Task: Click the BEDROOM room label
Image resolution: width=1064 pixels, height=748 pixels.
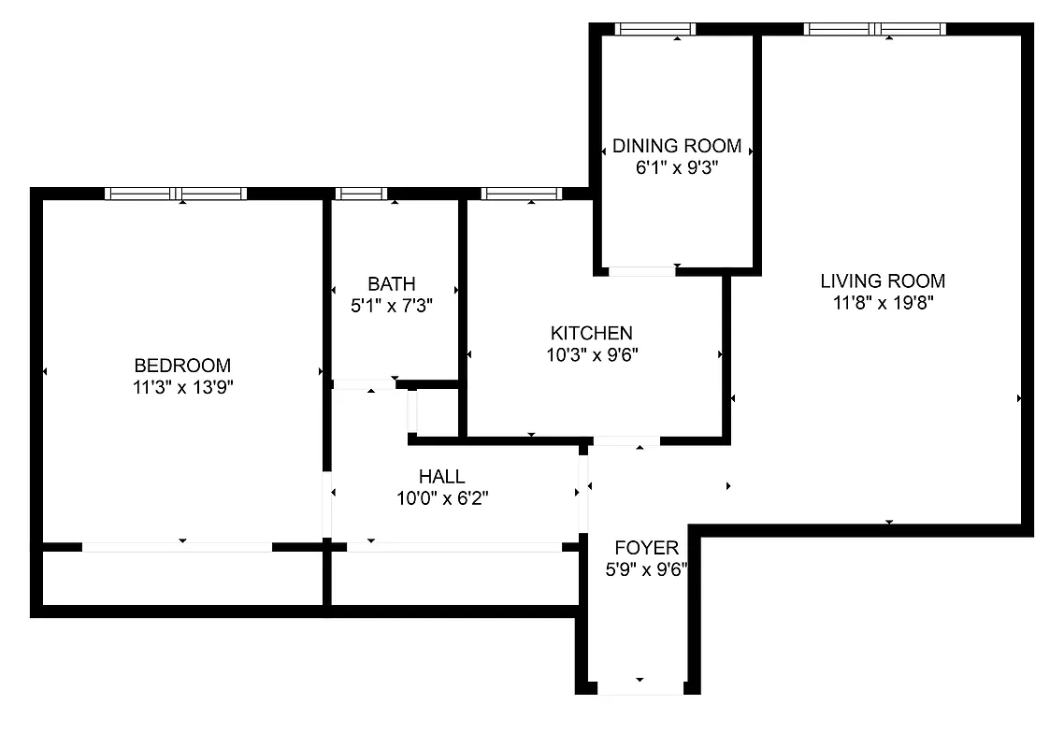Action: click(182, 366)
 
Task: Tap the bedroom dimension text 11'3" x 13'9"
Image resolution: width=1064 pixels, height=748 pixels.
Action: click(182, 387)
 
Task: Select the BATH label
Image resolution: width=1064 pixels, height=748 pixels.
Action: click(391, 283)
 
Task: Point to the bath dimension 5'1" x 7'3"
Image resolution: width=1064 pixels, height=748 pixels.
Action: click(391, 304)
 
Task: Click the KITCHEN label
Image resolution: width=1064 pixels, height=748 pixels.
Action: click(591, 333)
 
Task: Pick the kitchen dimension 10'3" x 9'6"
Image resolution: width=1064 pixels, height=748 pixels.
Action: click(591, 354)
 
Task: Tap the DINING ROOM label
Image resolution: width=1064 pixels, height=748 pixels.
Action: click(677, 146)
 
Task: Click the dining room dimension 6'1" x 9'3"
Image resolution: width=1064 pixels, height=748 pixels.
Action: click(677, 167)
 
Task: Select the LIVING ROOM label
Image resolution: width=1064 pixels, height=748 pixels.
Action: click(883, 280)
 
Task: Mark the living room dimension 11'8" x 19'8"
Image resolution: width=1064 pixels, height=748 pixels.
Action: click(883, 302)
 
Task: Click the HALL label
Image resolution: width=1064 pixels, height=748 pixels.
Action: click(441, 477)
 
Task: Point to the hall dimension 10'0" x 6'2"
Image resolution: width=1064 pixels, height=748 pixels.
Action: click(441, 498)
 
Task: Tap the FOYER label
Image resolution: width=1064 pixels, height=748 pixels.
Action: click(646, 547)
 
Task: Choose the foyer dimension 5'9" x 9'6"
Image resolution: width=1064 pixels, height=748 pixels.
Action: click(646, 568)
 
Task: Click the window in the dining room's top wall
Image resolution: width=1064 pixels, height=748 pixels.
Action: click(654, 29)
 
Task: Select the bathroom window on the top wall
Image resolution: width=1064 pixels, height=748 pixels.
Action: click(361, 194)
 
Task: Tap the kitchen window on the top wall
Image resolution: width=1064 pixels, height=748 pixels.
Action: click(521, 194)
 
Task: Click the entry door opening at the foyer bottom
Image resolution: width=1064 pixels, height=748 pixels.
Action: click(640, 688)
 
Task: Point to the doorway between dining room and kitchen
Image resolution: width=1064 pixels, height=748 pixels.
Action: click(641, 271)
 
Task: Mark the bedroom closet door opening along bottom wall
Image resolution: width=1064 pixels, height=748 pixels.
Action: click(178, 546)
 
